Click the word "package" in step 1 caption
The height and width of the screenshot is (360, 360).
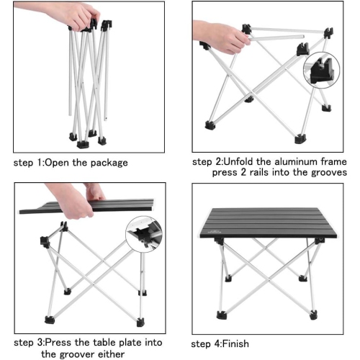pos(107,162)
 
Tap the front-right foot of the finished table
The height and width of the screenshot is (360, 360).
pos(312,314)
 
